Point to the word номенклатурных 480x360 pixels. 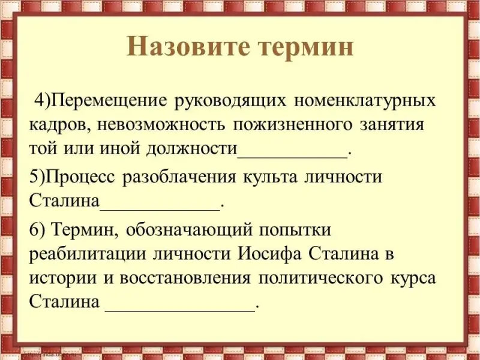[365, 101]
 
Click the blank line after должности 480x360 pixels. [293, 157]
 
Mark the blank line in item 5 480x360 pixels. [160, 209]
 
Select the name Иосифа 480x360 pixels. [269, 254]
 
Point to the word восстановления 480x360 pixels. [185, 278]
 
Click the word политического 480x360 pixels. [320, 278]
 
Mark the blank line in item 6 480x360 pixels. [180, 310]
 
